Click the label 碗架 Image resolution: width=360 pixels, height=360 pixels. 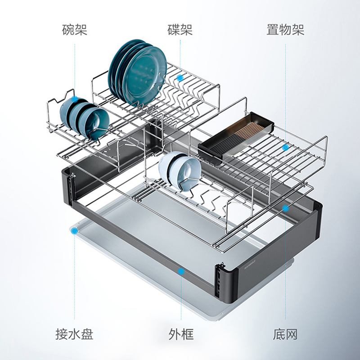tap(74, 30)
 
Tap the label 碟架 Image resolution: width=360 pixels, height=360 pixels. tap(180, 30)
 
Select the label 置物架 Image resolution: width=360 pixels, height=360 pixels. tap(285, 30)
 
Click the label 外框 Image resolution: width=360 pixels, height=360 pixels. tap(181, 334)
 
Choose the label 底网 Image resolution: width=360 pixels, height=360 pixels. tap(285, 334)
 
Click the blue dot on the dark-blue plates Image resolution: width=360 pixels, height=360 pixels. tap(180, 78)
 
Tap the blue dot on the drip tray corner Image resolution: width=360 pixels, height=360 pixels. tap(74, 231)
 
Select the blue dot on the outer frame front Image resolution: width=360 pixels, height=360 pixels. tap(180, 271)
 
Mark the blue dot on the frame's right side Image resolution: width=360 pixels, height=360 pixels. tap(285, 207)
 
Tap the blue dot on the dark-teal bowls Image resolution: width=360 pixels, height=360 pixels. tap(74, 98)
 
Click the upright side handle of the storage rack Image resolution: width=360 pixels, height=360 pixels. tap(323, 153)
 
